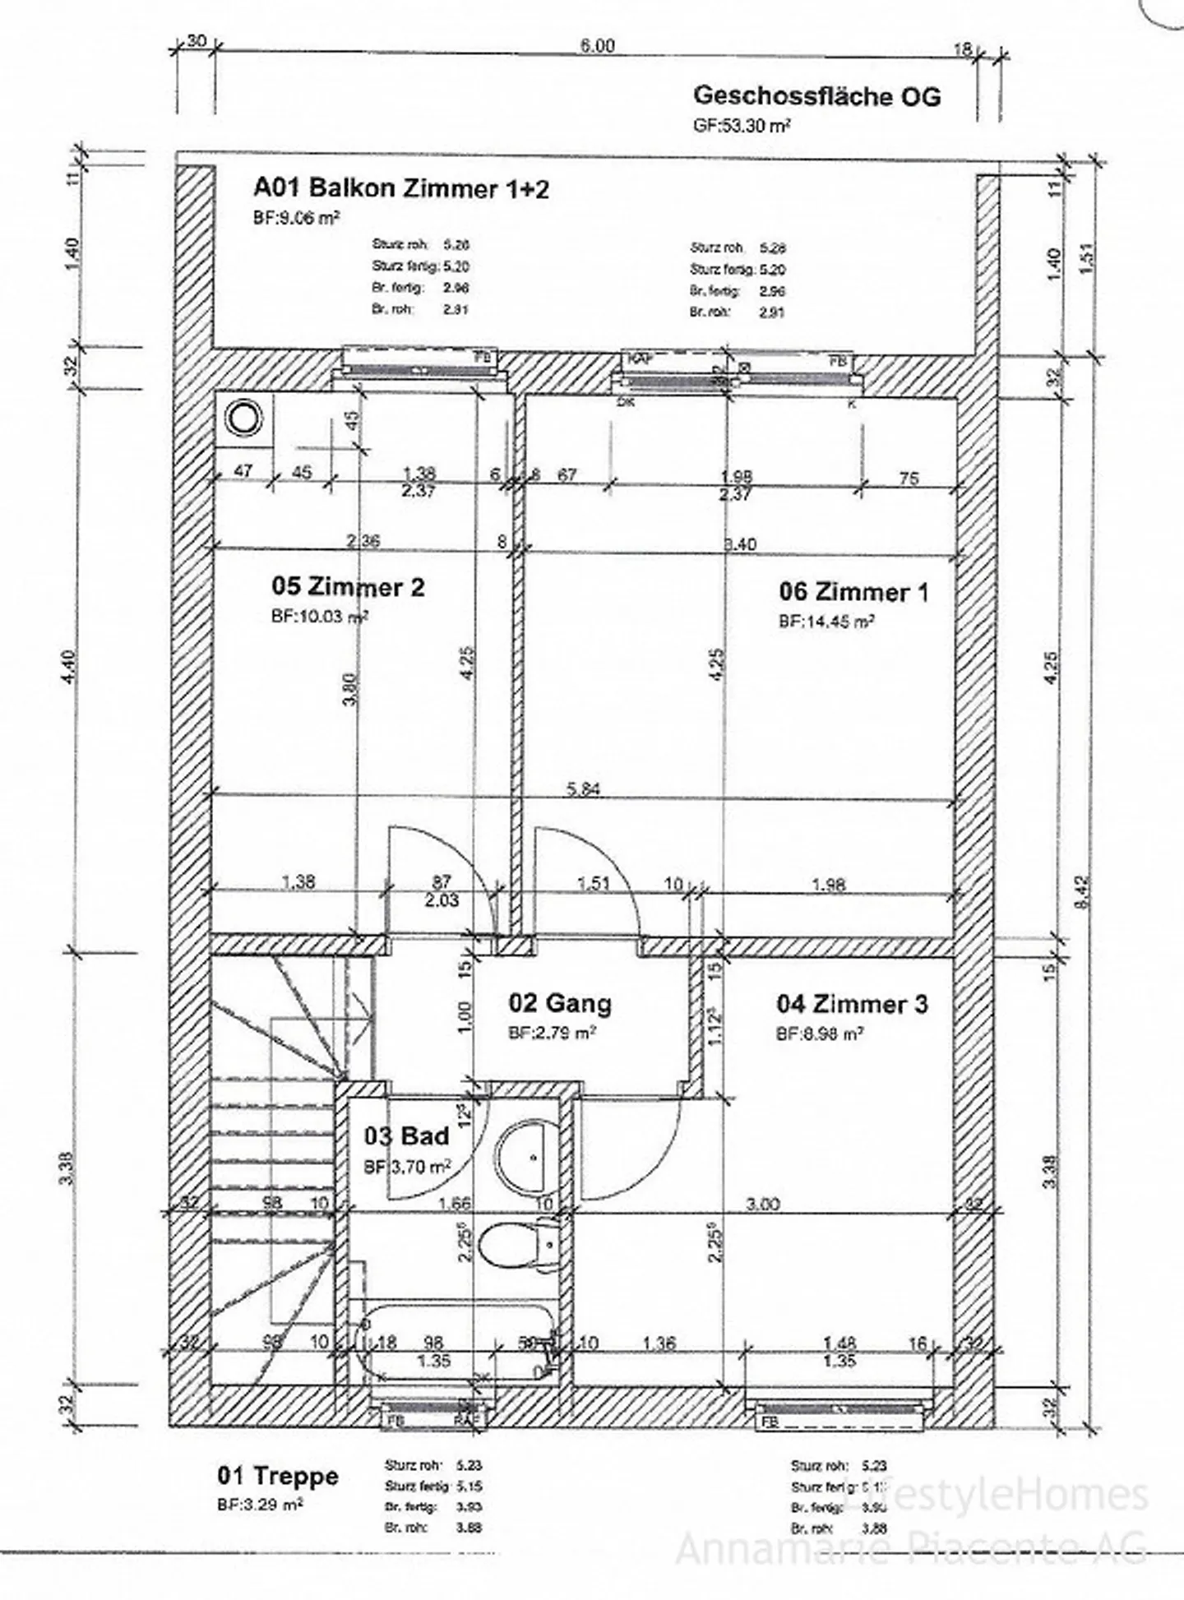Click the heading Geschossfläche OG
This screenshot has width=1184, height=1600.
816,96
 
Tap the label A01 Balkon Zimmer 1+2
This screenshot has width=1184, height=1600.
400,188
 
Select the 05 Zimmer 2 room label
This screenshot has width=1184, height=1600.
349,587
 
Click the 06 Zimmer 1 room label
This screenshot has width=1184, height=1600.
853,592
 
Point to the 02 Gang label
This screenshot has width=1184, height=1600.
559,1003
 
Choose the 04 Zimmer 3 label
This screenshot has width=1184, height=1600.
852,1004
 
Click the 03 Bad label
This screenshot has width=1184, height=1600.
407,1136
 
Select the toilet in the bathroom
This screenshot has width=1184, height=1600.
518,1246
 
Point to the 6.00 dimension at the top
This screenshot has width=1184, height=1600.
597,46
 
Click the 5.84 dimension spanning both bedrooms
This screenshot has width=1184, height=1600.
584,789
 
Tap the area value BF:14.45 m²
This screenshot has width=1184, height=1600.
826,622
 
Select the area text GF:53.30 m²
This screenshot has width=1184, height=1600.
742,126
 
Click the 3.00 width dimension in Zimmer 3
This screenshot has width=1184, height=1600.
762,1205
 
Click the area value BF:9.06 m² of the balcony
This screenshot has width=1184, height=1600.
296,218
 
